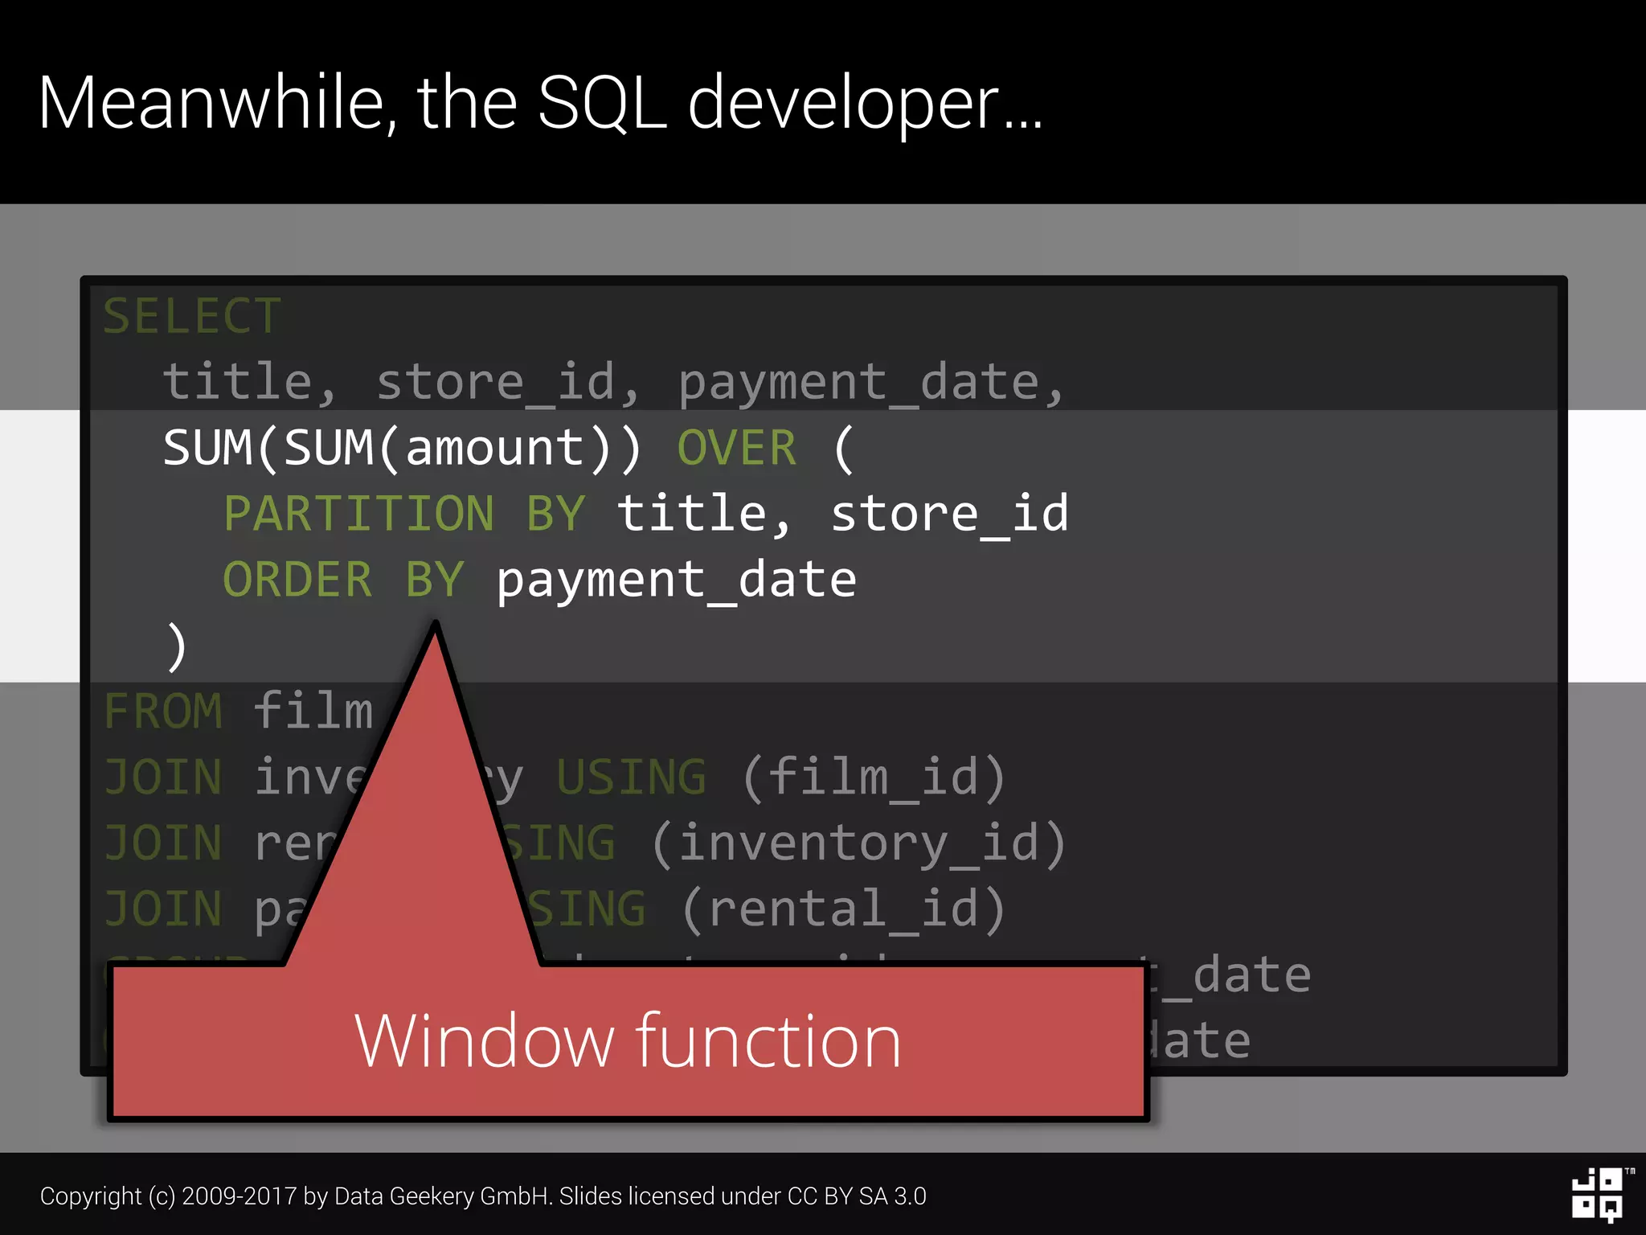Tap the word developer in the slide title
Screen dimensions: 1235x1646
pyautogui.click(x=844, y=105)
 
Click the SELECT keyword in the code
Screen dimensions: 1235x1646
pyautogui.click(x=192, y=316)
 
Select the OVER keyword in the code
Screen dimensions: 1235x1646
pyautogui.click(x=737, y=448)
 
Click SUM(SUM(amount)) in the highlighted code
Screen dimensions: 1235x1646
pyautogui.click(x=402, y=448)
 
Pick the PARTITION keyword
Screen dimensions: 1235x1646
pyautogui.click(x=358, y=514)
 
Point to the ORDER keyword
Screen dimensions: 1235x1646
pyautogui.click(x=297, y=580)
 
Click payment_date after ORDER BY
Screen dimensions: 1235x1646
pyautogui.click(x=676, y=581)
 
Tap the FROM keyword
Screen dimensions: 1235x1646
pyautogui.click(x=163, y=712)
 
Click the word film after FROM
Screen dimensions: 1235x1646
pyautogui.click(x=313, y=712)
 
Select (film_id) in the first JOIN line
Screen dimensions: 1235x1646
pyautogui.click(x=874, y=778)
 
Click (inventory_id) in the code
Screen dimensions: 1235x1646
pyautogui.click(x=858, y=843)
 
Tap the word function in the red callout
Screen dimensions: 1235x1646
pyautogui.click(x=769, y=1041)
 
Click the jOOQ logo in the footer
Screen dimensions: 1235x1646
pyautogui.click(x=1598, y=1195)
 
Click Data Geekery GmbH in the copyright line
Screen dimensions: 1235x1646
pyautogui.click(x=441, y=1196)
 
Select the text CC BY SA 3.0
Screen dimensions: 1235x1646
pyautogui.click(x=857, y=1196)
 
